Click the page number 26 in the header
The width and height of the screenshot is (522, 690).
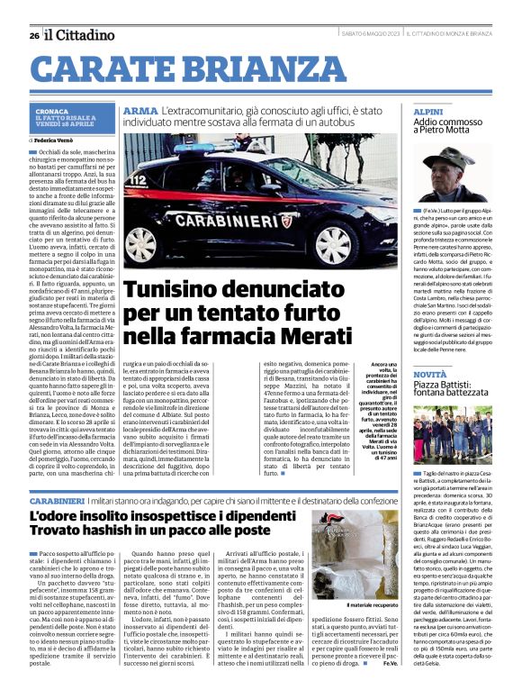(x=33, y=35)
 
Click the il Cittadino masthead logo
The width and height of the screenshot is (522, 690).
(x=80, y=35)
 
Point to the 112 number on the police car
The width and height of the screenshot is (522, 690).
(x=139, y=180)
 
